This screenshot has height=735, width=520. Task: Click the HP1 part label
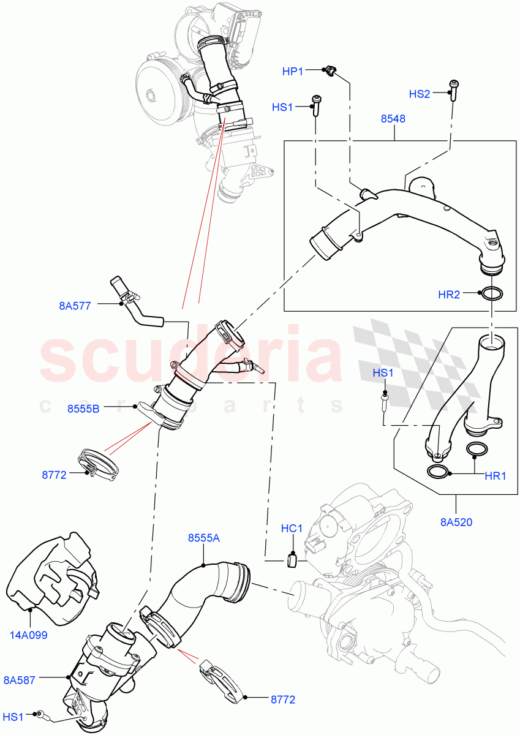(x=293, y=72)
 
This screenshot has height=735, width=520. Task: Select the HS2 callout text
(x=420, y=94)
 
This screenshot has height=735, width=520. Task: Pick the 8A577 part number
(x=75, y=306)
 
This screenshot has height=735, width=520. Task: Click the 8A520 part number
(x=457, y=522)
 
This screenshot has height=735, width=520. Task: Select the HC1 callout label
(x=292, y=528)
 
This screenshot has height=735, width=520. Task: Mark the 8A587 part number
(x=20, y=679)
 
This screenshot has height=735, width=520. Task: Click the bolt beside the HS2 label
(x=454, y=89)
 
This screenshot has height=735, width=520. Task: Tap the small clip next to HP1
(x=329, y=72)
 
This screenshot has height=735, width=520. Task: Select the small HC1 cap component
(x=292, y=559)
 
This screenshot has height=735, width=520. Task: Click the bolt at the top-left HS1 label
(x=316, y=105)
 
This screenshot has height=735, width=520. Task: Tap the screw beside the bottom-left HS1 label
(x=41, y=714)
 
